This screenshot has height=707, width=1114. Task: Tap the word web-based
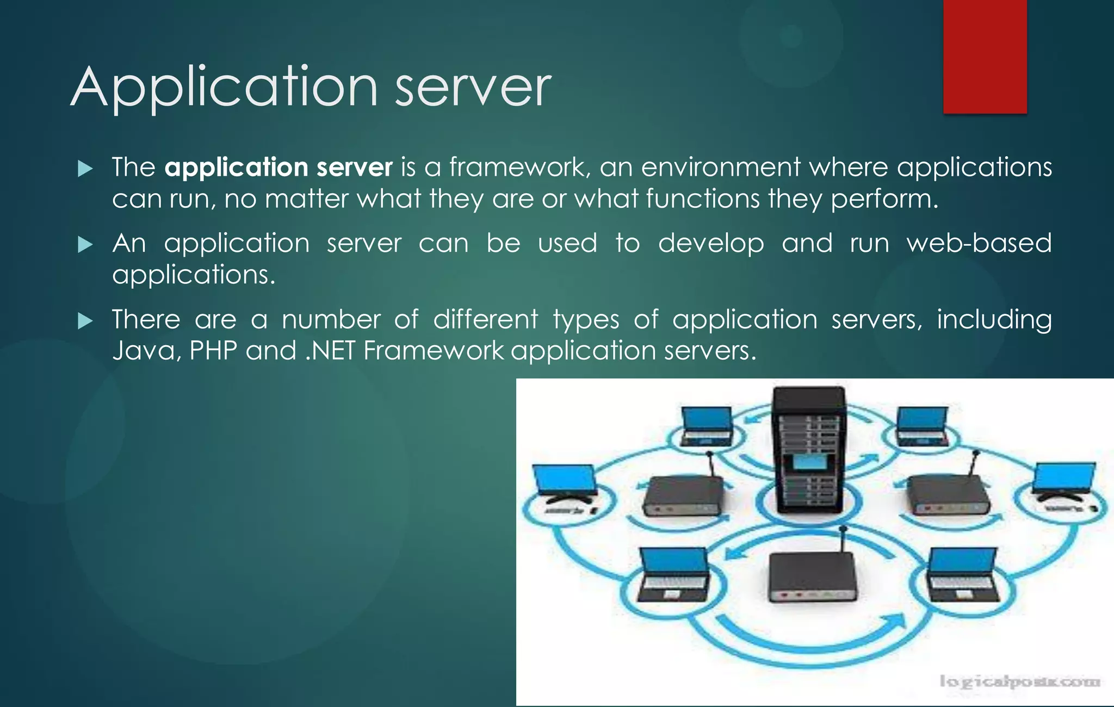pyautogui.click(x=979, y=243)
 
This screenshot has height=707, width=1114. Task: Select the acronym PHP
pyautogui.click(x=213, y=351)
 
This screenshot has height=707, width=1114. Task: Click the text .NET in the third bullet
pyautogui.click(x=330, y=351)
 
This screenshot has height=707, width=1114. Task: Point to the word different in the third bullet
pyautogui.click(x=485, y=319)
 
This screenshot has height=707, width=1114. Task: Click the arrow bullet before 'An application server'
pyautogui.click(x=85, y=245)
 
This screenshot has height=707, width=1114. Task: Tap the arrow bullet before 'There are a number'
pyautogui.click(x=85, y=321)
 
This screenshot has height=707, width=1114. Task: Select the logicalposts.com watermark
pyautogui.click(x=1019, y=681)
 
